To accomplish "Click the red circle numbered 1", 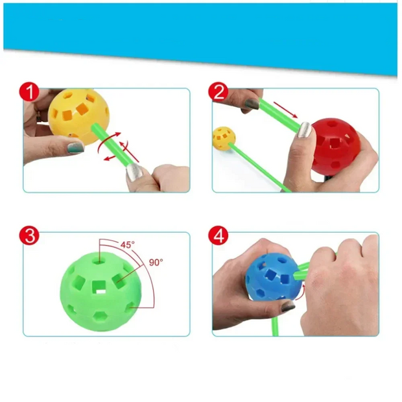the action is (29, 91).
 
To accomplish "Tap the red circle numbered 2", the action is (218, 91).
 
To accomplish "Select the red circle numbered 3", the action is (29, 235).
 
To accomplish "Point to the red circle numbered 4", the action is (218, 235).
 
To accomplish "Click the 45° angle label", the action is (128, 245).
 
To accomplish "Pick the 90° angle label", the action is (156, 263).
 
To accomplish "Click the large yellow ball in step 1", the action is (78, 117).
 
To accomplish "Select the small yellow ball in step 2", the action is (224, 139).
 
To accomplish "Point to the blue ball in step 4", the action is (273, 276).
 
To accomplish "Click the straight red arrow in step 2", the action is (285, 110).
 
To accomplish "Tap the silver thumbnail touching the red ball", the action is (305, 130).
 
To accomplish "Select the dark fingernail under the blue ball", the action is (288, 306).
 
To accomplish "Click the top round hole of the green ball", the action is (99, 261).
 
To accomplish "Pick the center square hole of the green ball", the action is (99, 287).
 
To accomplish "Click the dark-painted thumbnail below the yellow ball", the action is (76, 148).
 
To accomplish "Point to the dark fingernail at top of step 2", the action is (252, 104).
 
